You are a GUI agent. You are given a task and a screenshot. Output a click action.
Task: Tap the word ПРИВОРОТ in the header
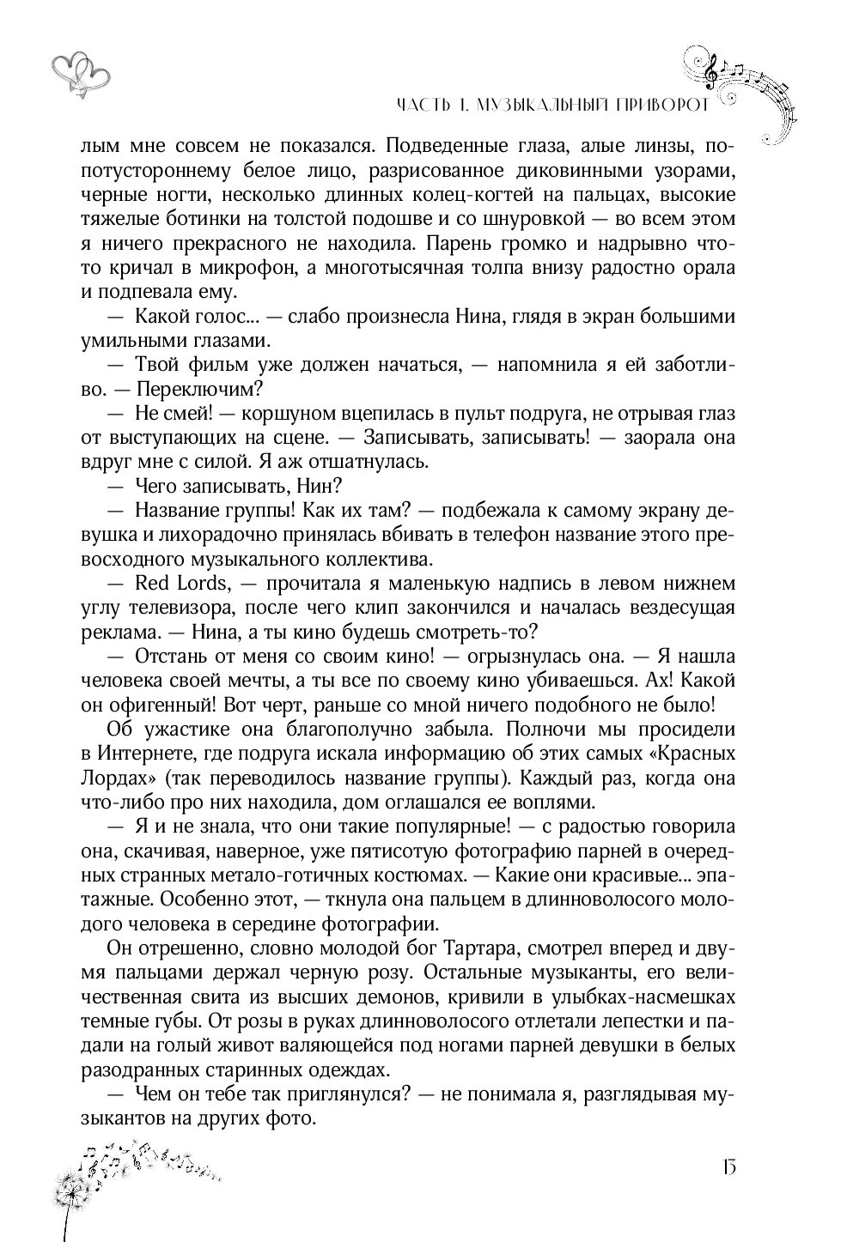pyautogui.click(x=663, y=106)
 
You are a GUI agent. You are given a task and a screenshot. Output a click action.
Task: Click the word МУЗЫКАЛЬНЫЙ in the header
pyautogui.click(x=545, y=106)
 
